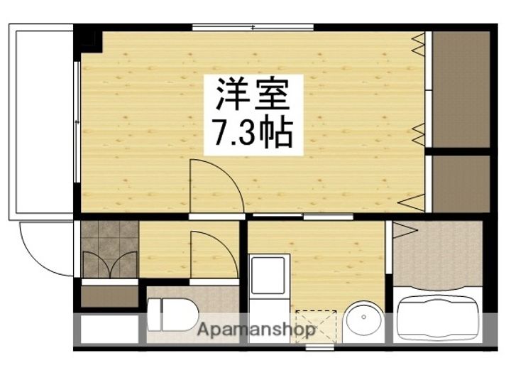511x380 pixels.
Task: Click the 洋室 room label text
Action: click(x=253, y=94)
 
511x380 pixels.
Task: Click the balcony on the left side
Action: click(x=42, y=121)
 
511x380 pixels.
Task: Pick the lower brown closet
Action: click(x=461, y=183)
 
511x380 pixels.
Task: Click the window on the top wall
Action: click(x=253, y=28)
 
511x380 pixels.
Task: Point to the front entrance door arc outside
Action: click(x=46, y=249)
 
